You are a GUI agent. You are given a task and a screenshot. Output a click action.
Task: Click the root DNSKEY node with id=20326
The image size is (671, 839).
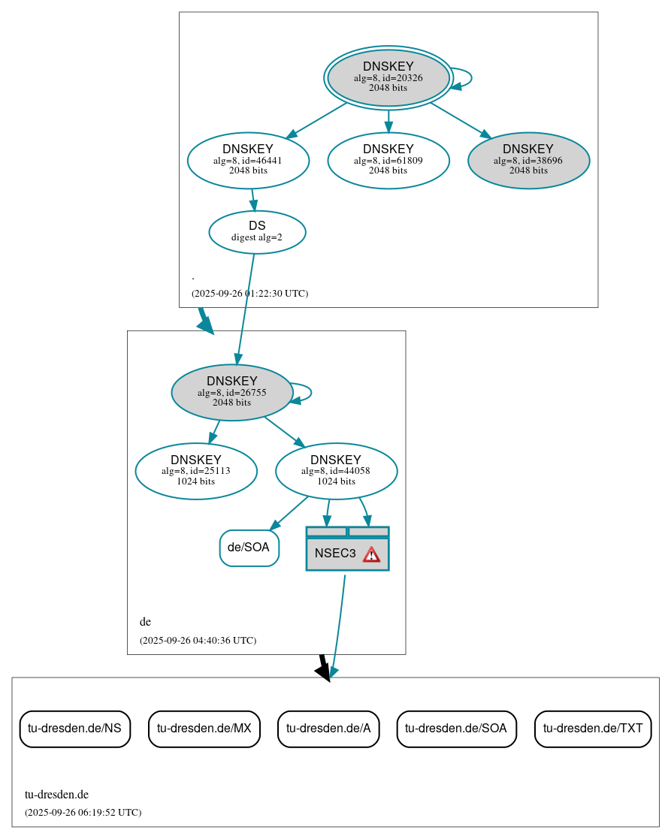[388, 77]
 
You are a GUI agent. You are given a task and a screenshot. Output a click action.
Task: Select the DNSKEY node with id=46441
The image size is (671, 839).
[248, 160]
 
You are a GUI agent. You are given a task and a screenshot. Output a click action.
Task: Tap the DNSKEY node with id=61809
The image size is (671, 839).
[388, 160]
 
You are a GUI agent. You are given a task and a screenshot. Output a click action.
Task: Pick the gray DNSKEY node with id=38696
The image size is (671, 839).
[528, 160]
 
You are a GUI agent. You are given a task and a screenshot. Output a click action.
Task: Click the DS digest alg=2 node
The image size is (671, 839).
[257, 231]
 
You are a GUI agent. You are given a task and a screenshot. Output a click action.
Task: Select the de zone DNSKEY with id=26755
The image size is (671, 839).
[231, 392]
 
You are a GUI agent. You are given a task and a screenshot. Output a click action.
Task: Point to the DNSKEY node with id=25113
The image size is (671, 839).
[195, 471]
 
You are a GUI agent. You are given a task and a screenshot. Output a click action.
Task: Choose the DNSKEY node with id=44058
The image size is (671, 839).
[336, 471]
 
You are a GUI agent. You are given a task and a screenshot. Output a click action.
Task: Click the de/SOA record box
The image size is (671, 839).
[249, 548]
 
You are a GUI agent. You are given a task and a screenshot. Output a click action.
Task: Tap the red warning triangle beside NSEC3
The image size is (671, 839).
[371, 554]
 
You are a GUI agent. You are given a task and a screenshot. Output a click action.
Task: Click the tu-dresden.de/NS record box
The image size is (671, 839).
[74, 728]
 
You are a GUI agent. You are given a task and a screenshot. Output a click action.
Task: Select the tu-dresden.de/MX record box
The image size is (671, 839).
[204, 728]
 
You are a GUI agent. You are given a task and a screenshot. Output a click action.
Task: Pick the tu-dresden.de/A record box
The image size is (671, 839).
[328, 728]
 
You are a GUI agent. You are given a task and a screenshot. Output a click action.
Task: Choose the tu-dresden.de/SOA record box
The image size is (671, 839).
[456, 728]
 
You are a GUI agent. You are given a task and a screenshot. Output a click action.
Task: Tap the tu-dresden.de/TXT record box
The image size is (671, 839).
[593, 728]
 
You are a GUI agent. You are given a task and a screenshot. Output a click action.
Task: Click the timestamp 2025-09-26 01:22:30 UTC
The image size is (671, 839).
[249, 293]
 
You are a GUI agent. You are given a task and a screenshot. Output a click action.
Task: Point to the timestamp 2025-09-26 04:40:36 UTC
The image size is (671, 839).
[198, 641]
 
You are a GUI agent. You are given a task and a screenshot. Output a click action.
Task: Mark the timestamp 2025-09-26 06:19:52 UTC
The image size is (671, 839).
[83, 812]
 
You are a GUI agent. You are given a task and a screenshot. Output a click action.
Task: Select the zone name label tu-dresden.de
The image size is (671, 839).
[56, 794]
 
